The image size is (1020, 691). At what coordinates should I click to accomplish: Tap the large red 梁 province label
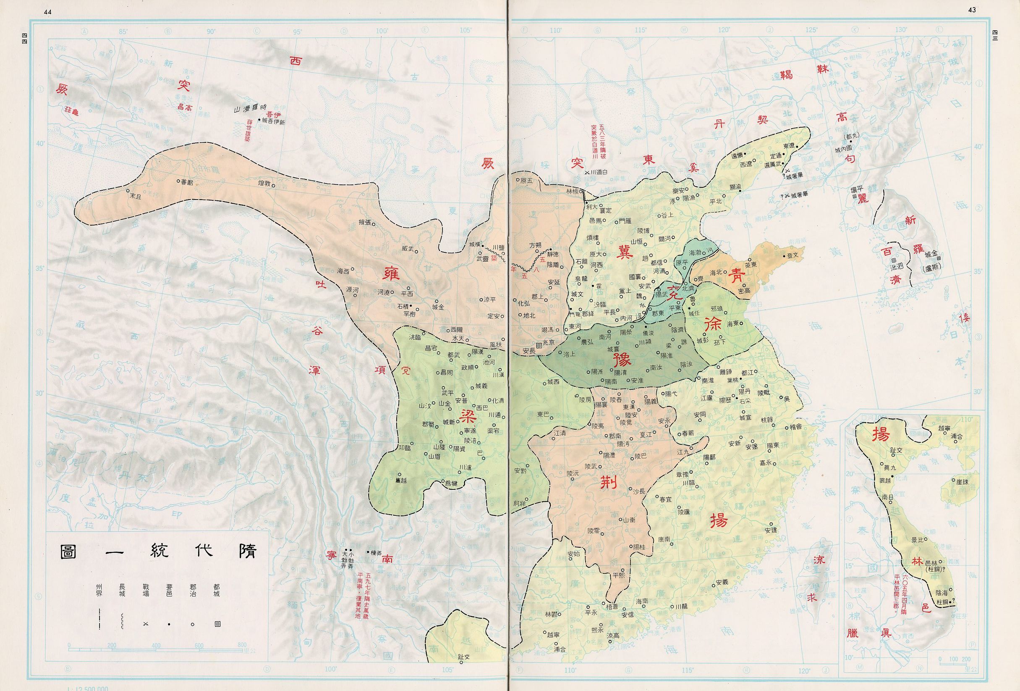466,414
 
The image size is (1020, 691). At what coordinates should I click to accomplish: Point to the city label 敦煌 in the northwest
265,183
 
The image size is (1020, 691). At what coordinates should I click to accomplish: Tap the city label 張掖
366,222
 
